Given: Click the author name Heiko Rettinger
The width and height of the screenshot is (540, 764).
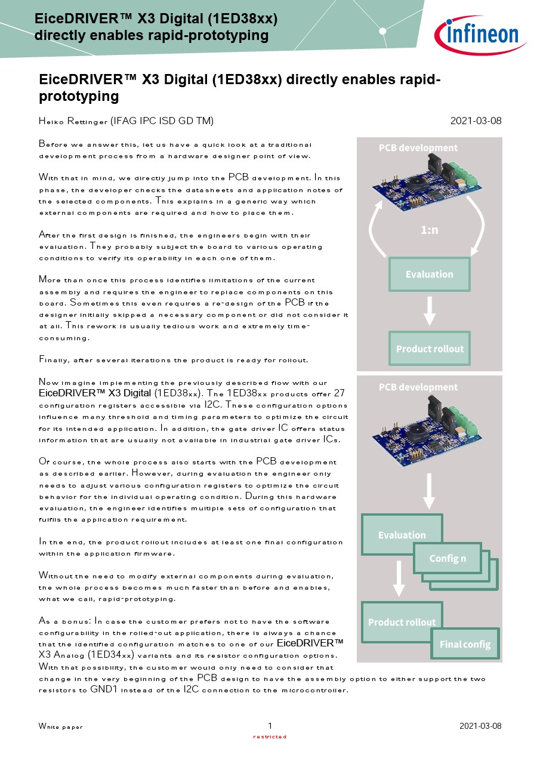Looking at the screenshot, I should coord(74,121).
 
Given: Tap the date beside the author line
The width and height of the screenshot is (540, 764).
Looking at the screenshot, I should coord(476,121).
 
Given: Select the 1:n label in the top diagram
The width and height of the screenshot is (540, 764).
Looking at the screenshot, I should coord(429,229).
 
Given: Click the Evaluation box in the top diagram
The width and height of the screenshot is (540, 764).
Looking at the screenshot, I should coord(429,274).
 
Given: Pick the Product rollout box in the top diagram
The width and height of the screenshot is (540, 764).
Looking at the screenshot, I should coord(429,349).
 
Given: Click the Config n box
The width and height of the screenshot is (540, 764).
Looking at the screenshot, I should coord(448,558).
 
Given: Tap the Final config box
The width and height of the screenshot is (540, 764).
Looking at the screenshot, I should coord(465,644).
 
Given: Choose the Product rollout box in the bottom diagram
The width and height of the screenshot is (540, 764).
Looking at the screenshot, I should coord(402,622).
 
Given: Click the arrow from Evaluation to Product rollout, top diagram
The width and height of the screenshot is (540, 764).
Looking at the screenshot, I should coord(429,310).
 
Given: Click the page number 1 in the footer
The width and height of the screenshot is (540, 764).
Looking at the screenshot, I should coord(270,726).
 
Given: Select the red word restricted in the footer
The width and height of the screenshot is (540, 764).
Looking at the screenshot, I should coord(270,737).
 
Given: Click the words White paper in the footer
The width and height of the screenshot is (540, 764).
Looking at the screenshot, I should coord(61,726).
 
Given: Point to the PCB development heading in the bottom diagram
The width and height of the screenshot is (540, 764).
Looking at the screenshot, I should coord(418,387).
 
